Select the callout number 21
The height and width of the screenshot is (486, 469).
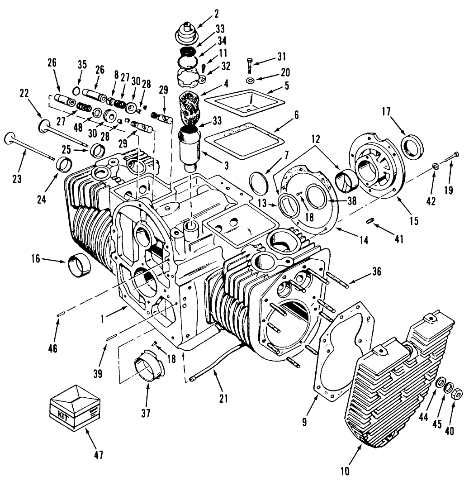coord(223,399)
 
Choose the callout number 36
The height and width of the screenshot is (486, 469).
coord(376,272)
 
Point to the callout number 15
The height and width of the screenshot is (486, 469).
coord(413,221)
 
